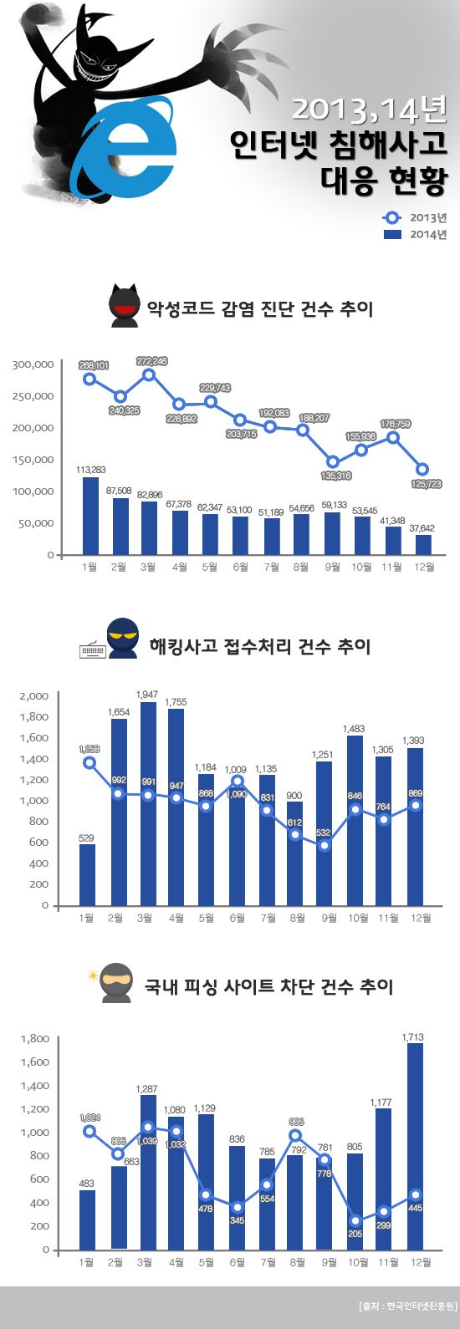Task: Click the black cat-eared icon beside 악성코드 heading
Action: pos(125,307)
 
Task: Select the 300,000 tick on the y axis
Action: pos(33,364)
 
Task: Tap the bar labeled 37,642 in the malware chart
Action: pos(424,544)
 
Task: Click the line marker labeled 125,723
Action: pos(423,469)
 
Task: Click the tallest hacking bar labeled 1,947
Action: pos(148,803)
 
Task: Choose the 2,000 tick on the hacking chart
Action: pos(34,695)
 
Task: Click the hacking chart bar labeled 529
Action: pos(87,874)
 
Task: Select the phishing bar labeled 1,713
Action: pos(416,1146)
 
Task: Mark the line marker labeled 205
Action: pos(355,1220)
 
